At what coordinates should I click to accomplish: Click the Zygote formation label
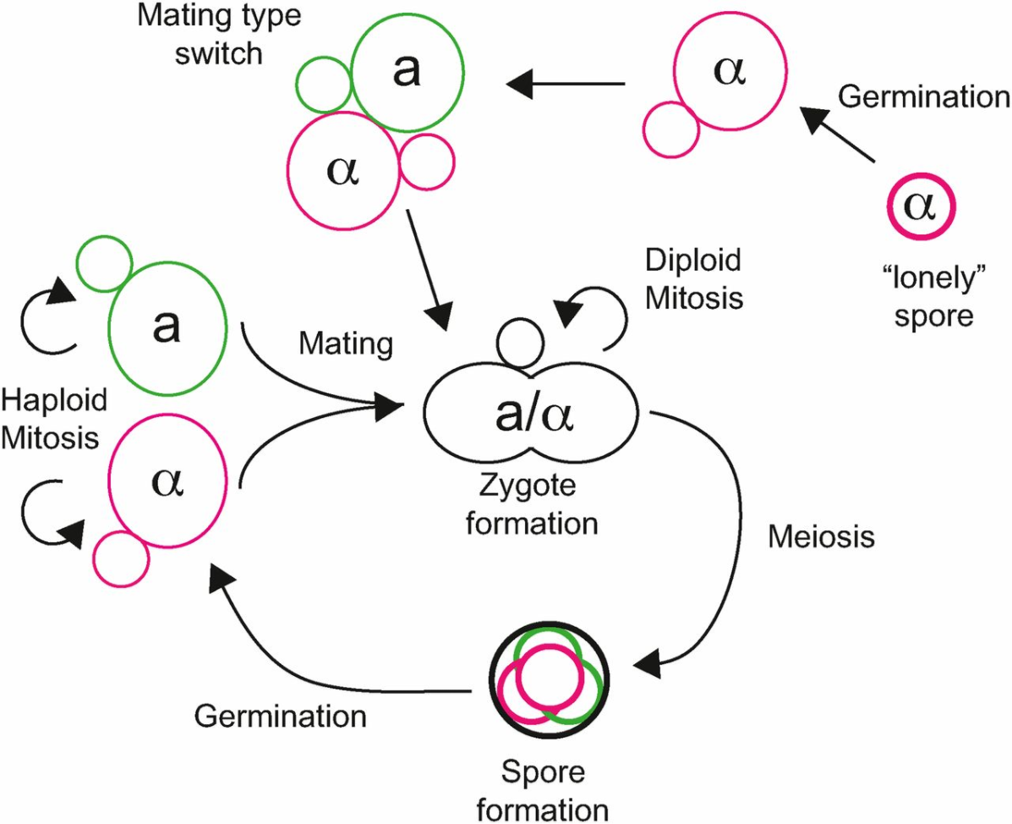pos(527,505)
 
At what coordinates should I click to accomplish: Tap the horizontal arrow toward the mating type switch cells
pos(566,83)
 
